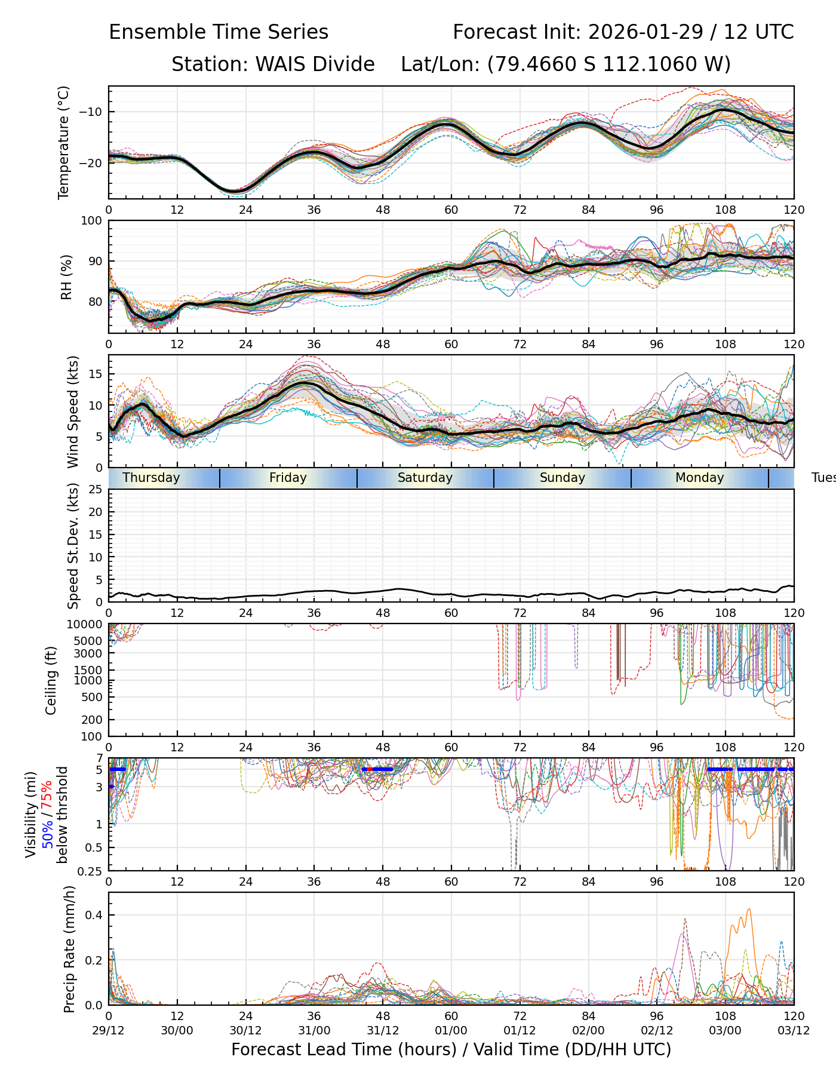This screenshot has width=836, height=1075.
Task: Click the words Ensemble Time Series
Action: [219, 32]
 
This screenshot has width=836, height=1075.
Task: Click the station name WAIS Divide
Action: [315, 64]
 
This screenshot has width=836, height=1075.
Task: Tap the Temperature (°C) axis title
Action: [64, 142]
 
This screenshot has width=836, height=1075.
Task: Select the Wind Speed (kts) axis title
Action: [73, 411]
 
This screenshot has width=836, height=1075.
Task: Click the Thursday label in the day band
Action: [151, 478]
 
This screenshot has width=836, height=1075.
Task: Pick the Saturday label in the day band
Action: [425, 478]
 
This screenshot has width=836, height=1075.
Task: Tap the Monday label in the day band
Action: [699, 478]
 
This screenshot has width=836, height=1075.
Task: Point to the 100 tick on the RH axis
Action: [92, 221]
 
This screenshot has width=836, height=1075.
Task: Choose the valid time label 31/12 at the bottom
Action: [383, 1030]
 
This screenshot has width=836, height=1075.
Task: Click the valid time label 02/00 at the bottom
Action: [588, 1030]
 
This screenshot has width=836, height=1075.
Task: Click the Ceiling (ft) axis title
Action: [51, 680]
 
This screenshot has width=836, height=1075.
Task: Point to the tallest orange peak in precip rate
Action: [749, 910]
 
